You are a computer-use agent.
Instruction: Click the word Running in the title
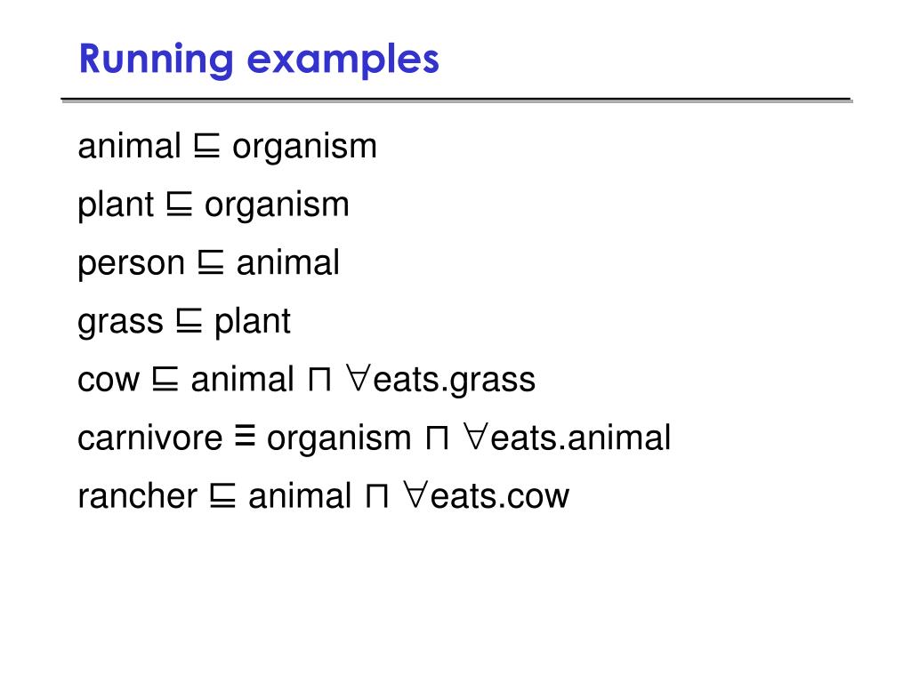point(155,60)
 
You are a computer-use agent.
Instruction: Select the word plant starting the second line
point(116,205)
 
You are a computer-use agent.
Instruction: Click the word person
point(132,264)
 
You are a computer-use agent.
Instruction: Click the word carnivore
point(150,438)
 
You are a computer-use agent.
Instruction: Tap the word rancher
point(137,496)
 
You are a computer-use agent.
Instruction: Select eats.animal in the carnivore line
point(580,438)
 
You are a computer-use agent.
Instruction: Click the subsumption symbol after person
point(211,263)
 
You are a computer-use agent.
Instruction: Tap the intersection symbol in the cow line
point(318,381)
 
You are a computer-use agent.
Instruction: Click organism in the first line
point(304,147)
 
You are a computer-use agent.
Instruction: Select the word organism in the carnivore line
point(339,438)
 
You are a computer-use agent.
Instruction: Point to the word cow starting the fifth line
point(109,381)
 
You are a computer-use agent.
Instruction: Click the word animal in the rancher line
point(300,496)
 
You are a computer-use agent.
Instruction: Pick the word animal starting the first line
point(130,147)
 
